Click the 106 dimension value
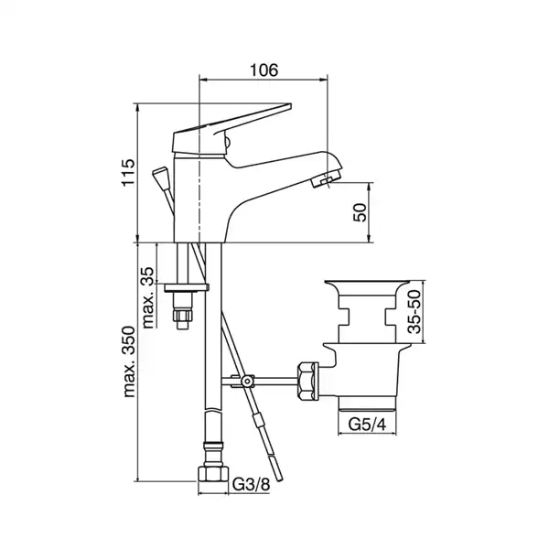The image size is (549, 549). pyautogui.click(x=264, y=70)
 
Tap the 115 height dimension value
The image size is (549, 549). pyautogui.click(x=128, y=173)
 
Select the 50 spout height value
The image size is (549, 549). pyautogui.click(x=360, y=212)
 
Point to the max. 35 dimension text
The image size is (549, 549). pyautogui.click(x=148, y=297)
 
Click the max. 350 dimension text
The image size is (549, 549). pyautogui.click(x=129, y=361)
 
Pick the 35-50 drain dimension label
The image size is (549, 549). pyautogui.click(x=414, y=312)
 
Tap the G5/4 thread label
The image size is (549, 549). pyautogui.click(x=367, y=425)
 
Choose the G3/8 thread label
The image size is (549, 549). pyautogui.click(x=251, y=485)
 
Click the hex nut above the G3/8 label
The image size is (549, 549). pyautogui.click(x=213, y=473)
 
